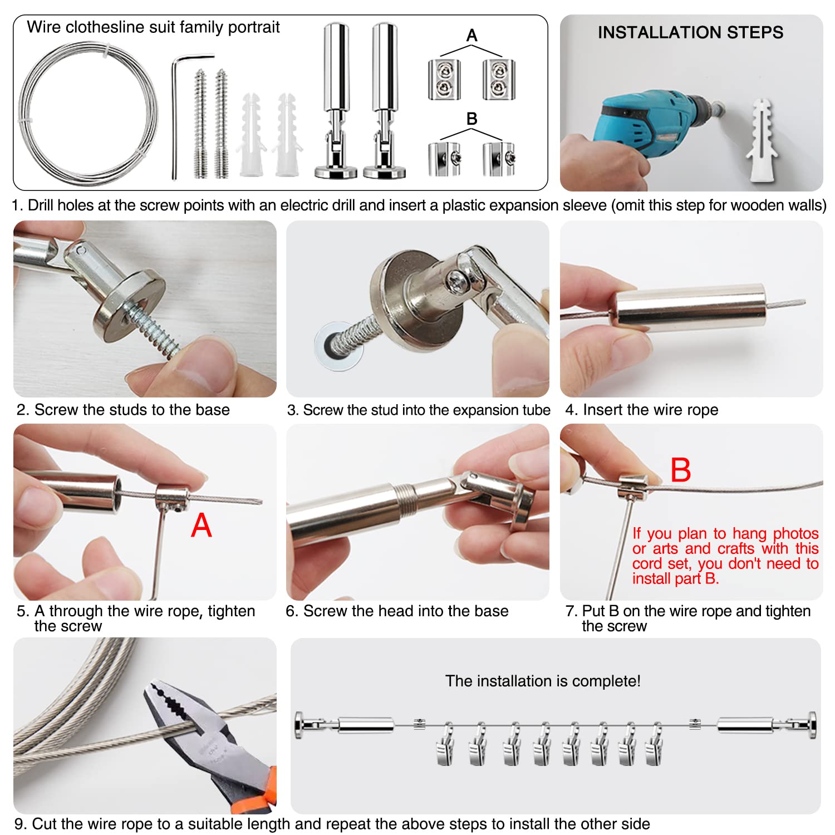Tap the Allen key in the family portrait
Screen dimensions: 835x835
tap(174, 117)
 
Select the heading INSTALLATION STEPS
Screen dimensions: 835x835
tap(690, 32)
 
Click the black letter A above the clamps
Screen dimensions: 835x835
tap(471, 36)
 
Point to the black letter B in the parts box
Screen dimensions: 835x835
tap(471, 119)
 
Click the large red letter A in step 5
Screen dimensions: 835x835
tap(201, 525)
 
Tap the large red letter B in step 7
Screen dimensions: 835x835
tap(680, 470)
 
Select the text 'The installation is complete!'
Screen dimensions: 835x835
tap(543, 681)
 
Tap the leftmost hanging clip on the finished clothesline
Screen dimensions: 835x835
tap(446, 746)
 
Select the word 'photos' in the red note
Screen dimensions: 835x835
tap(795, 533)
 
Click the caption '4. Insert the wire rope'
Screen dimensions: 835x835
tap(641, 410)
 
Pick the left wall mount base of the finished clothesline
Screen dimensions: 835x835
tap(300, 725)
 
